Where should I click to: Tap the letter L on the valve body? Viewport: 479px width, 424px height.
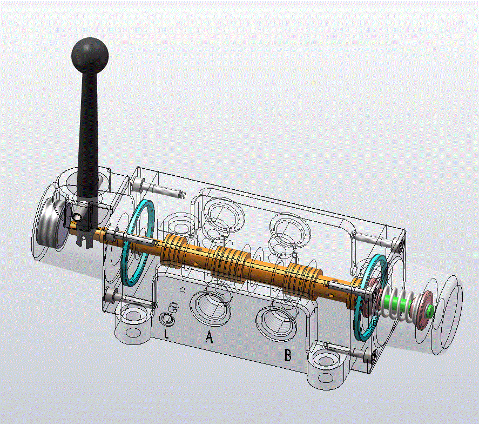click(x=166, y=334)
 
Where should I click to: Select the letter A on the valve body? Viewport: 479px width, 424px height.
click(x=209, y=337)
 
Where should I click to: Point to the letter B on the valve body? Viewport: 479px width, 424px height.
click(x=288, y=355)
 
